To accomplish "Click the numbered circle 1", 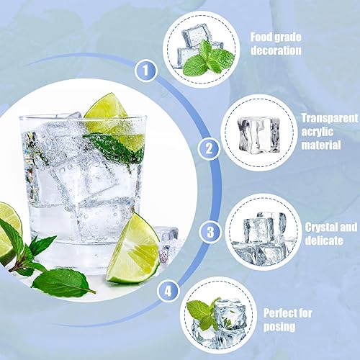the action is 145,71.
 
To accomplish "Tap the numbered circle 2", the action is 209,148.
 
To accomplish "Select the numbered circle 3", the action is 210,232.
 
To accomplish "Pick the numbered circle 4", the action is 168,292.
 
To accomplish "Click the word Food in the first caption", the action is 261,37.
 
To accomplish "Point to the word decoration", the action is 276,50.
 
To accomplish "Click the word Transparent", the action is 329,118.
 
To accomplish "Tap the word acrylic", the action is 318,132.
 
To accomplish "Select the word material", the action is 321,145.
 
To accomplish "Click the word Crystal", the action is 320,228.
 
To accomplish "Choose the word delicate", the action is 324,240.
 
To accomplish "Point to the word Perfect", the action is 279,313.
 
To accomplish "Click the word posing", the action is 279,327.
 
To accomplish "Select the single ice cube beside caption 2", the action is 259,135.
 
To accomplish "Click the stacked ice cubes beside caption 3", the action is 264,238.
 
